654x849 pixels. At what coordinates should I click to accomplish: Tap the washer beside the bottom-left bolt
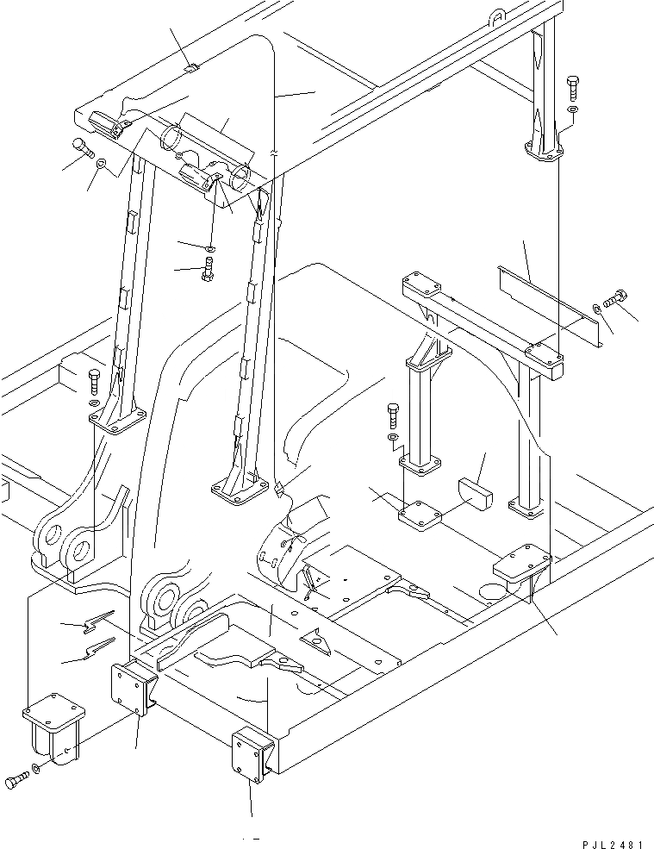click(35, 769)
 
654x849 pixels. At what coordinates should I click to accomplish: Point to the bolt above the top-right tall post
click(572, 88)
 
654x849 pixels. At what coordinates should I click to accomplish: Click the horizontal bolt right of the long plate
click(616, 299)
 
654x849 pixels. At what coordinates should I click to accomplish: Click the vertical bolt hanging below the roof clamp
click(207, 269)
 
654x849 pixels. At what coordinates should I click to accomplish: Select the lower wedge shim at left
click(100, 648)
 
